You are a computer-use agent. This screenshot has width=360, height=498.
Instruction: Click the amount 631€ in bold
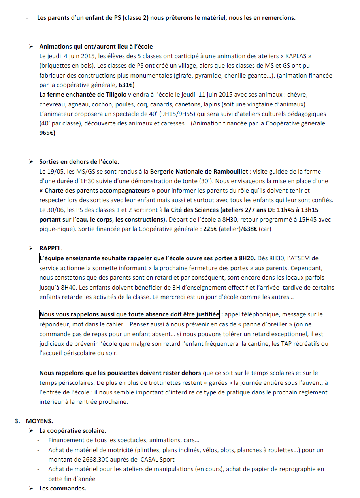[127, 85]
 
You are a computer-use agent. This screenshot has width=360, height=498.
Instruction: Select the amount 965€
[47, 133]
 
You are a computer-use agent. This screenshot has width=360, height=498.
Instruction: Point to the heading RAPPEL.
[51, 248]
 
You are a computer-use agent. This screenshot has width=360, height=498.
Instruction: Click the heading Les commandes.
[62, 489]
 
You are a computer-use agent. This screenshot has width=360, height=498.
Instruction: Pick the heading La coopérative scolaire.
[73, 430]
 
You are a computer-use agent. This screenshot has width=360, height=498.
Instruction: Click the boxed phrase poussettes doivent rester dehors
[154, 373]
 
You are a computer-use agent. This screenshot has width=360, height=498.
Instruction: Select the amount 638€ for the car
[248, 229]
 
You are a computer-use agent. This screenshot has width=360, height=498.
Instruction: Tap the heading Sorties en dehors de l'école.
[79, 162]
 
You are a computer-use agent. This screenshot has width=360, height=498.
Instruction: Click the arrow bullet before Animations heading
[31, 47]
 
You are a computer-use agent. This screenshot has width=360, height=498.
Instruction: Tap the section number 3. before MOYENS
[17, 421]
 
